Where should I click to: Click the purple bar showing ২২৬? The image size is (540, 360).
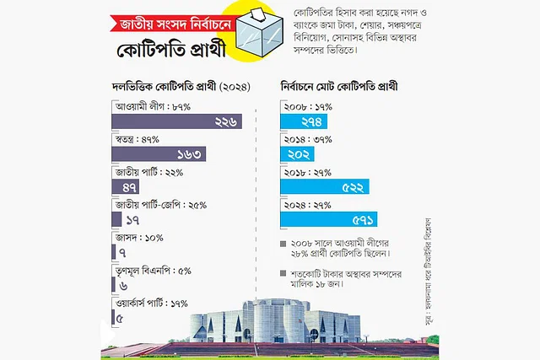[x=177, y=122]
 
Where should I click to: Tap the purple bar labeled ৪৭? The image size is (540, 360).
[x=127, y=187]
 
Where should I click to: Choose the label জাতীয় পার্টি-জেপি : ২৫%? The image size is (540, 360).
[x=165, y=205]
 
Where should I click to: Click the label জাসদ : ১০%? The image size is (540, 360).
[x=136, y=237]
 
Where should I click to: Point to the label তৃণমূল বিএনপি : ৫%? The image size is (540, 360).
[x=153, y=270]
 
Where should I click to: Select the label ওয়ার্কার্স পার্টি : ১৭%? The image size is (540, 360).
[x=151, y=303]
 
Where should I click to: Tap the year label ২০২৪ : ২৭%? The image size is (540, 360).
[x=306, y=205]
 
